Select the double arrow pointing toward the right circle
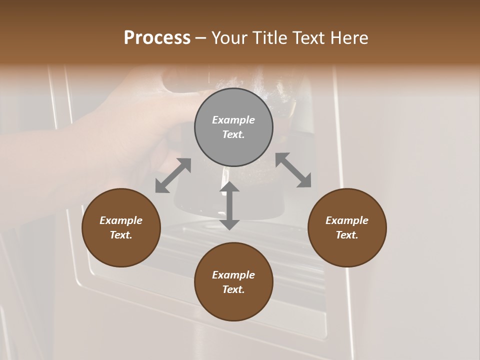[x=293, y=170]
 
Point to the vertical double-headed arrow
[x=229, y=205]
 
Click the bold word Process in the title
[x=157, y=37]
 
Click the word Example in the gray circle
[x=233, y=120]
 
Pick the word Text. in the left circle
[x=121, y=235]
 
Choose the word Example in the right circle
[x=347, y=220]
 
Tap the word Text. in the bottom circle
[x=233, y=289]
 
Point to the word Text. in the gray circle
[x=233, y=134]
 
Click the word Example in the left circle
[x=121, y=220]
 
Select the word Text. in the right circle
[x=347, y=235]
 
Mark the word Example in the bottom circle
[x=233, y=275]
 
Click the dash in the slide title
[x=201, y=38]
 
